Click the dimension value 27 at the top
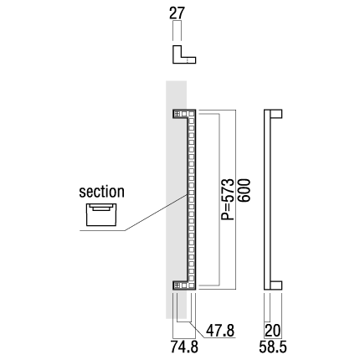[x=177, y=13]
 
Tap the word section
[x=101, y=192]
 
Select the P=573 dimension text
[x=228, y=199]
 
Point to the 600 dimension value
[x=244, y=190]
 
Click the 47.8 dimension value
[x=220, y=331]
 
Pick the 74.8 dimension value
[x=184, y=347]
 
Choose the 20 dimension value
[x=272, y=331]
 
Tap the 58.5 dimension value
[x=273, y=347]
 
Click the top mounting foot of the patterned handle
[x=184, y=114]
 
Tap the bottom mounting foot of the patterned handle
[x=184, y=285]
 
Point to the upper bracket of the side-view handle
[x=276, y=114]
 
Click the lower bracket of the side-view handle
[x=276, y=285]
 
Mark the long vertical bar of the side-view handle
[x=267, y=199]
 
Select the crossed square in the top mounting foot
[x=177, y=114]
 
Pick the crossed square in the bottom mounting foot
[x=177, y=285]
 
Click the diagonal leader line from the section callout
[x=156, y=213]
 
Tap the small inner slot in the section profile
[x=101, y=208]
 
